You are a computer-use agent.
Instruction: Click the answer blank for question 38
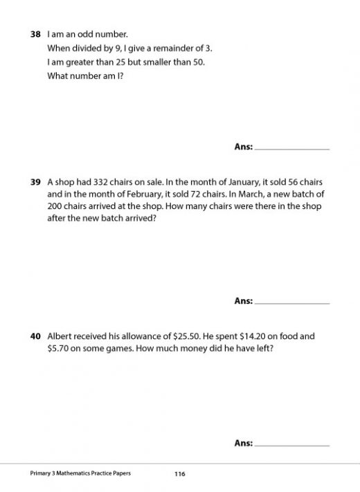coord(292,147)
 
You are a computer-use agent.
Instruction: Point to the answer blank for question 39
coord(292,302)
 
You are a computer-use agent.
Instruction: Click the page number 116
coord(180,474)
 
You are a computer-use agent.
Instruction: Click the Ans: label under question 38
coord(244,147)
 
